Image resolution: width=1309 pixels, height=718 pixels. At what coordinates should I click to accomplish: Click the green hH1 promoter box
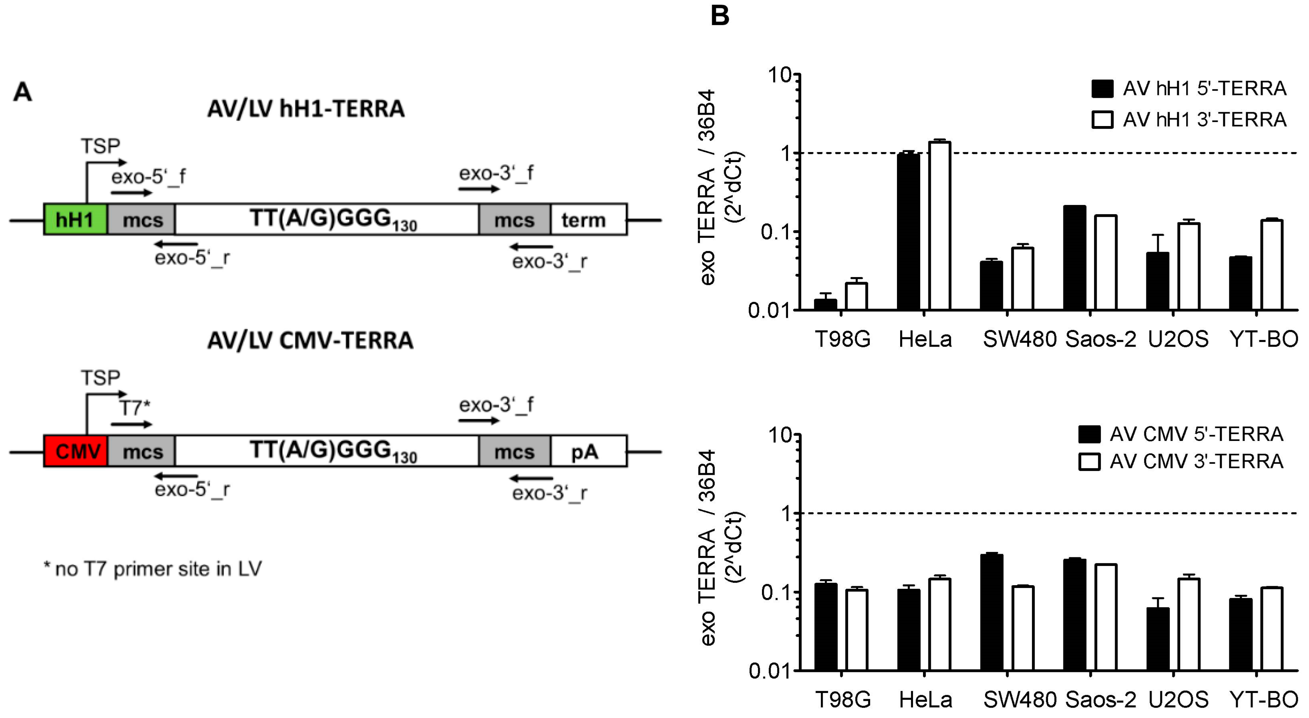click(x=75, y=220)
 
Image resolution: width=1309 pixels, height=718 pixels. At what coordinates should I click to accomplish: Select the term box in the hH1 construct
click(x=588, y=220)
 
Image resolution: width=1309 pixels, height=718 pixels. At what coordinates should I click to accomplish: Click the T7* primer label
click(x=135, y=407)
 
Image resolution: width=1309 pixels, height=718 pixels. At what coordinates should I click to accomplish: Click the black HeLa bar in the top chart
click(x=908, y=231)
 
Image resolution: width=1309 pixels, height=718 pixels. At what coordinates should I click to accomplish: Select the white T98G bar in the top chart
click(x=856, y=296)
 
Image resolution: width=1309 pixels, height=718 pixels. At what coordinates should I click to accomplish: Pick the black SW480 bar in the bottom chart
click(x=992, y=612)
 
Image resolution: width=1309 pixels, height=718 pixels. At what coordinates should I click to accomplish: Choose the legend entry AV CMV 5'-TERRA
click(x=1196, y=434)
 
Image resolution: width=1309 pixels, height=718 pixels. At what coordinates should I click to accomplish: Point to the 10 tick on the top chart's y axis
click(x=780, y=75)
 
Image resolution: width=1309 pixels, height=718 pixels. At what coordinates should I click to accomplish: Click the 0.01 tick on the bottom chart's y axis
click(x=770, y=671)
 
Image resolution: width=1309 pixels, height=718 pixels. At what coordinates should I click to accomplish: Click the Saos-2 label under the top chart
click(x=1100, y=339)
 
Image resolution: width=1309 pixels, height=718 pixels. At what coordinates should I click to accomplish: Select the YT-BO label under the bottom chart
click(x=1264, y=700)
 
